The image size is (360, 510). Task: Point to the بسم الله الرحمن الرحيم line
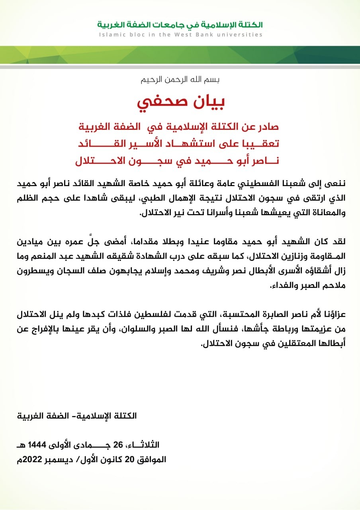click(180, 79)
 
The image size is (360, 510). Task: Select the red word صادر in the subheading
click(267, 128)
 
